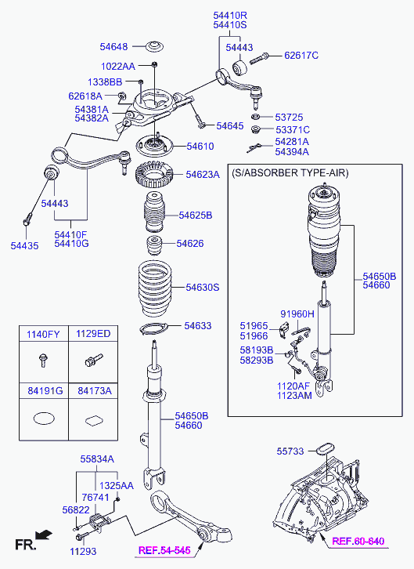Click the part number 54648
pos(113,47)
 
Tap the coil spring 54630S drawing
pos(155,288)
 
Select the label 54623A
pos(203,175)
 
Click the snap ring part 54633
pos(154,328)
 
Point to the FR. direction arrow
pos(44,535)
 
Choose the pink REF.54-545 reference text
pos(164,550)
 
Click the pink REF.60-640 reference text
pos(358,541)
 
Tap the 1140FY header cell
pos(44,334)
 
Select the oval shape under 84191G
pos(44,419)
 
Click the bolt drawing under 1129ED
pos(93,360)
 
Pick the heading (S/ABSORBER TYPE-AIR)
pos(290,172)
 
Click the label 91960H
pos(297,314)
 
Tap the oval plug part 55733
pos(326,448)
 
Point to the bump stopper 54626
pos(154,245)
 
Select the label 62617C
pos(301,56)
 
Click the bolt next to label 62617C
pos(259,59)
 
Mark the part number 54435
pos(24,245)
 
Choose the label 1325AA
pos(117,486)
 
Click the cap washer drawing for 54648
pos(155,47)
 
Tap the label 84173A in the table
pos(95,391)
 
